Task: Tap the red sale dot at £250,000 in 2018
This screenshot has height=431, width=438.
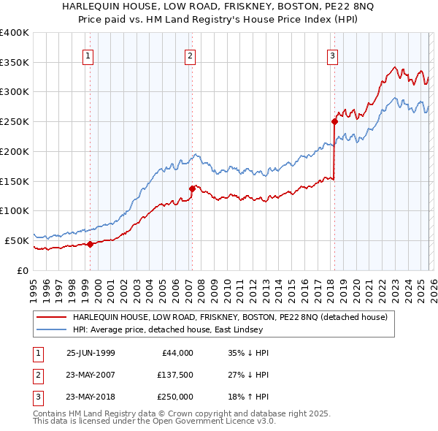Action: (x=334, y=122)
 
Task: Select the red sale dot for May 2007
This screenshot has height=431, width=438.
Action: (x=192, y=188)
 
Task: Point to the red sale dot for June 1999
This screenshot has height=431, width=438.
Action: (x=90, y=244)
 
